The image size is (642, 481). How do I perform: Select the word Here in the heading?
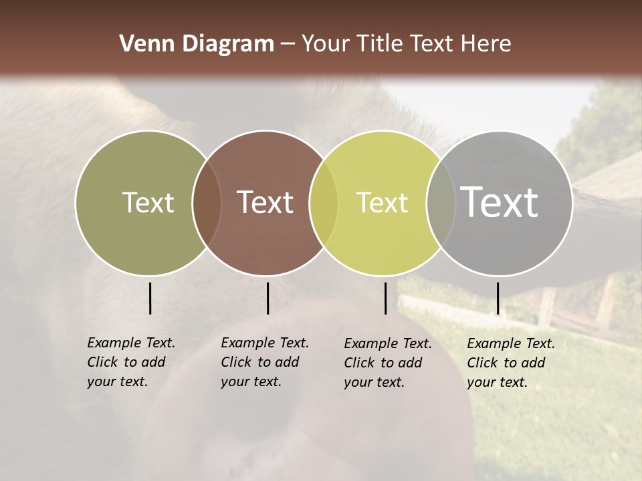[x=486, y=44]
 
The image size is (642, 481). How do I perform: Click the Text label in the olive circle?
[x=148, y=202]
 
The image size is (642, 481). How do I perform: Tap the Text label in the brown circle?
[x=265, y=202]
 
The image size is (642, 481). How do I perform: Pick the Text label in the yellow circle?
[x=382, y=202]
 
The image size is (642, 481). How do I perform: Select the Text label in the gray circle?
[x=500, y=202]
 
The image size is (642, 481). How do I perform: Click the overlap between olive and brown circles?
[x=207, y=203]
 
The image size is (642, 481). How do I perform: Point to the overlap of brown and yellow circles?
[x=324, y=203]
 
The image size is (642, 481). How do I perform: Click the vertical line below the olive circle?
[x=150, y=298]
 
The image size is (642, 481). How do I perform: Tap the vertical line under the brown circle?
[x=267, y=298]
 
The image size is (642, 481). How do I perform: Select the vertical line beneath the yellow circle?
[x=385, y=298]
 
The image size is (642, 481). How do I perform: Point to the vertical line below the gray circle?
[x=498, y=298]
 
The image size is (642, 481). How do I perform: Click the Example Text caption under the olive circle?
[x=130, y=362]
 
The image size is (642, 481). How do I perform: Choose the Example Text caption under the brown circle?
[x=264, y=362]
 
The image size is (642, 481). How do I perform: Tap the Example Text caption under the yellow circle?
[x=387, y=363]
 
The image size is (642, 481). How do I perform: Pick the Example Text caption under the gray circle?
[x=510, y=363]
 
